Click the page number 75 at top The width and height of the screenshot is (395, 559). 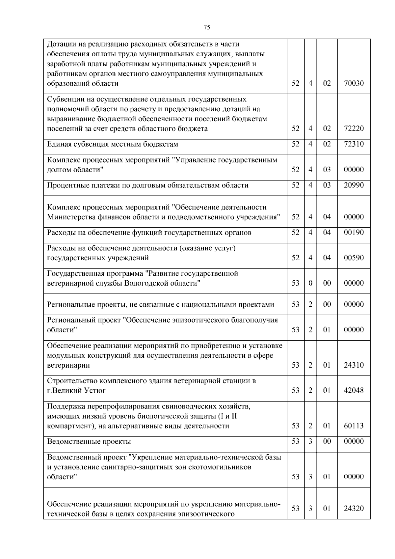[207, 27]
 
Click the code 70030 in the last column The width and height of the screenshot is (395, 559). [354, 83]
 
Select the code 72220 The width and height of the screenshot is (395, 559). [354, 128]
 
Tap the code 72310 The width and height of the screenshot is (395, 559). [354, 144]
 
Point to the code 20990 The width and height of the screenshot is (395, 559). [354, 185]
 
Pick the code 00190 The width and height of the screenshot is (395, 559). [354, 233]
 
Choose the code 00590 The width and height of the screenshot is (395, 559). [354, 258]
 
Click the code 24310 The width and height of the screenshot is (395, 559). [354, 365]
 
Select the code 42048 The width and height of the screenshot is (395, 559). [354, 390]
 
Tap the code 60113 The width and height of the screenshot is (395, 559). [354, 426]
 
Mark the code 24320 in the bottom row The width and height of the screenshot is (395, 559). [354, 508]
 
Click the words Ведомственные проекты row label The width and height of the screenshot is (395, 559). [89, 441]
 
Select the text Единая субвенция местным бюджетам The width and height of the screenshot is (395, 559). [113, 144]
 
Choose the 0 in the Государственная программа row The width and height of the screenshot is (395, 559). [310, 283]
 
